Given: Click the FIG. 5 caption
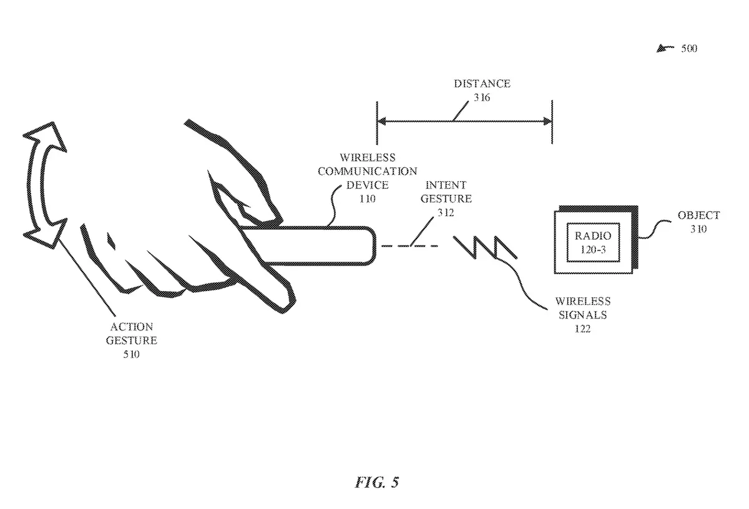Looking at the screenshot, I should pyautogui.click(x=377, y=482).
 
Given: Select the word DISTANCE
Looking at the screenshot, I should pyautogui.click(x=482, y=84).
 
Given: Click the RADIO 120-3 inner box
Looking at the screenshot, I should pyautogui.click(x=594, y=242).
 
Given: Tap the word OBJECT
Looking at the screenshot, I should pyautogui.click(x=698, y=215).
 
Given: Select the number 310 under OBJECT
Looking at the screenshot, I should pyautogui.click(x=698, y=229).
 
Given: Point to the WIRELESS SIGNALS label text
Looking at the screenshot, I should pyautogui.click(x=583, y=309).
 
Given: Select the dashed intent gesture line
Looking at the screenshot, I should pyautogui.click(x=409, y=246).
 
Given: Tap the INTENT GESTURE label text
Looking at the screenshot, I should pyautogui.click(x=446, y=192).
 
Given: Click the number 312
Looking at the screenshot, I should pyautogui.click(x=446, y=212).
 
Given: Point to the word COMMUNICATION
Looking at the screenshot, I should pyautogui.click(x=367, y=171).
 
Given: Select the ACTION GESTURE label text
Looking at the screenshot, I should pyautogui.click(x=131, y=334).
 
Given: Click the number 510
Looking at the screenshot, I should pyautogui.click(x=131, y=355).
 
